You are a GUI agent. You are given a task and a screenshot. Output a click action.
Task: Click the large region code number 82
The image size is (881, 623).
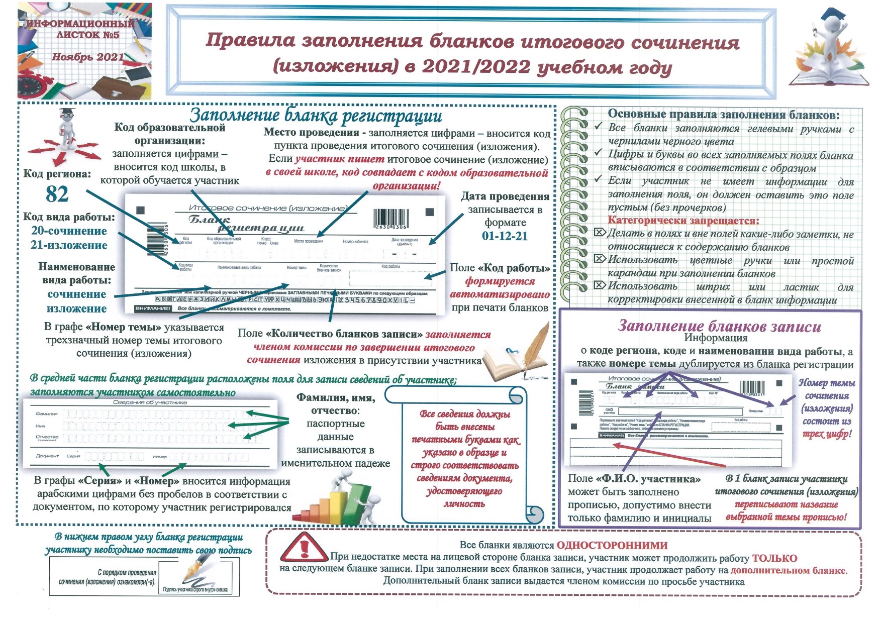tap(57, 194)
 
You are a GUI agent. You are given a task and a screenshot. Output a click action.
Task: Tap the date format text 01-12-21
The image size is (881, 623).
tap(505, 236)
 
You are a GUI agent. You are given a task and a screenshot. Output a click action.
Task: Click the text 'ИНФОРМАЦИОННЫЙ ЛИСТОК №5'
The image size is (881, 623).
tap(80, 29)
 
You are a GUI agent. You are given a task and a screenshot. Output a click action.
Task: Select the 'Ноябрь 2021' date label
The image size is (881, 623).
tap(87, 57)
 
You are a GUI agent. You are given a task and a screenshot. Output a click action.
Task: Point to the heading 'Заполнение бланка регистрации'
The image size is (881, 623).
tap(316, 116)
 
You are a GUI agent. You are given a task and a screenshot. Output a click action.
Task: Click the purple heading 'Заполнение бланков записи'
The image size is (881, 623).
tap(719, 327)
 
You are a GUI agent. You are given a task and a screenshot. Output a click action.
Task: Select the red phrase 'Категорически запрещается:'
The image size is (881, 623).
tap(683, 221)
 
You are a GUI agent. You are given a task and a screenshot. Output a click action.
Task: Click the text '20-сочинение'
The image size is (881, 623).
tap(69, 231)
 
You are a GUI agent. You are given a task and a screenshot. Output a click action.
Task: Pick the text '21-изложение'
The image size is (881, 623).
tap(69, 246)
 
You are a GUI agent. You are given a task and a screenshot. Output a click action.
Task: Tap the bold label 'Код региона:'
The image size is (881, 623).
tap(57, 174)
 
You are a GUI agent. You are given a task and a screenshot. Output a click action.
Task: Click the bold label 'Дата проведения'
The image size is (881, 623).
tap(505, 196)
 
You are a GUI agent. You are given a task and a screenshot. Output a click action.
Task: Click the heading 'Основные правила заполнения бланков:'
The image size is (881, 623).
tap(723, 115)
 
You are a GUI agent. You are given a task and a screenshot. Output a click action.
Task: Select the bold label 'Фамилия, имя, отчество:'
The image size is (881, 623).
tap(336, 404)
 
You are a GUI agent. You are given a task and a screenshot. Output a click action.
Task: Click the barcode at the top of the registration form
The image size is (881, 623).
tap(390, 219)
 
